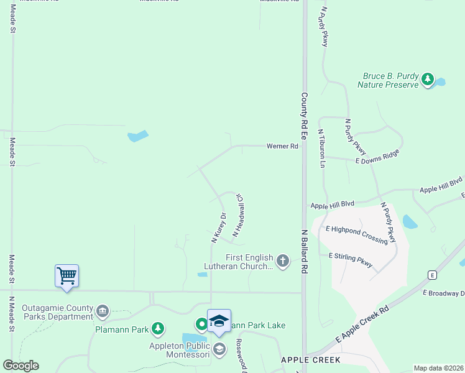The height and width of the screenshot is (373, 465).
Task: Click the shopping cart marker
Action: tap(67, 275)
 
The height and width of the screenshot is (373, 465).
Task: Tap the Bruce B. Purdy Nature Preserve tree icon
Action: tap(427, 79)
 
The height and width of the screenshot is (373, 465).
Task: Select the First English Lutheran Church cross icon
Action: tap(283, 260)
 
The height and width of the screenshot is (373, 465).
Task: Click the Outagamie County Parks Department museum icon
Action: tap(103, 310)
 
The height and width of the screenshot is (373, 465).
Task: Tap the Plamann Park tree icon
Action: tap(158, 328)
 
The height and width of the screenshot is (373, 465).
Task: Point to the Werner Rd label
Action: tap(282, 146)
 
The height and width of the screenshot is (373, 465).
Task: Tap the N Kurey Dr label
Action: tap(218, 227)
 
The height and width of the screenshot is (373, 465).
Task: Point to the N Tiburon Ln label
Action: tap(321, 149)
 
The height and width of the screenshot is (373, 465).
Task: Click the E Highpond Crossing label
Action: tap(356, 234)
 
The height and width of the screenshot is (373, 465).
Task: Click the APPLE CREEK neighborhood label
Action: tap(310, 360)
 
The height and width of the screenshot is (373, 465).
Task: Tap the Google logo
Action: tap(21, 366)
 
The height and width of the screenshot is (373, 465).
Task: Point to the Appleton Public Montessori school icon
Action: tap(219, 349)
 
